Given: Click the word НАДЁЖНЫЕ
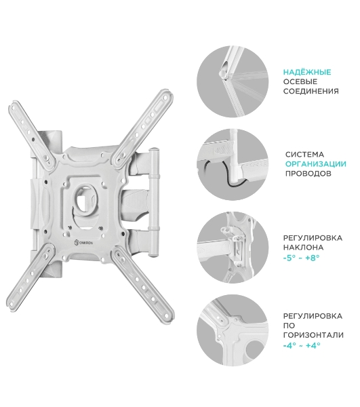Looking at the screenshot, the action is (307, 72).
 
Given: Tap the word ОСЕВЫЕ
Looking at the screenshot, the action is (300, 81).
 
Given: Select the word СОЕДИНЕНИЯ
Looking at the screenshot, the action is (311, 91).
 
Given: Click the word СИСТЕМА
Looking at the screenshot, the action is (304, 155).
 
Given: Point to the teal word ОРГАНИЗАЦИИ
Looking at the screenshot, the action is (316, 164).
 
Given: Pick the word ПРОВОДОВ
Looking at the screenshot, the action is (308, 174).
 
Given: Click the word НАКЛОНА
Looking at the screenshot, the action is (303, 248).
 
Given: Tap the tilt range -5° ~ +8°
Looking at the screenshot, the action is (301, 258).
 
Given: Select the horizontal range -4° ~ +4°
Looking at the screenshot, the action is (302, 345).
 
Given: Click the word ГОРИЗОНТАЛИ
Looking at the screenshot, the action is (313, 335).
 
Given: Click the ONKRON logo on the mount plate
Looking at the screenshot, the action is (83, 243).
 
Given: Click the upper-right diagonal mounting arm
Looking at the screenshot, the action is (143, 126).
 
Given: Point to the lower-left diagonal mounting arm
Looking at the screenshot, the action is (31, 277).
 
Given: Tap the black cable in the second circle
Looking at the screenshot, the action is (224, 174).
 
